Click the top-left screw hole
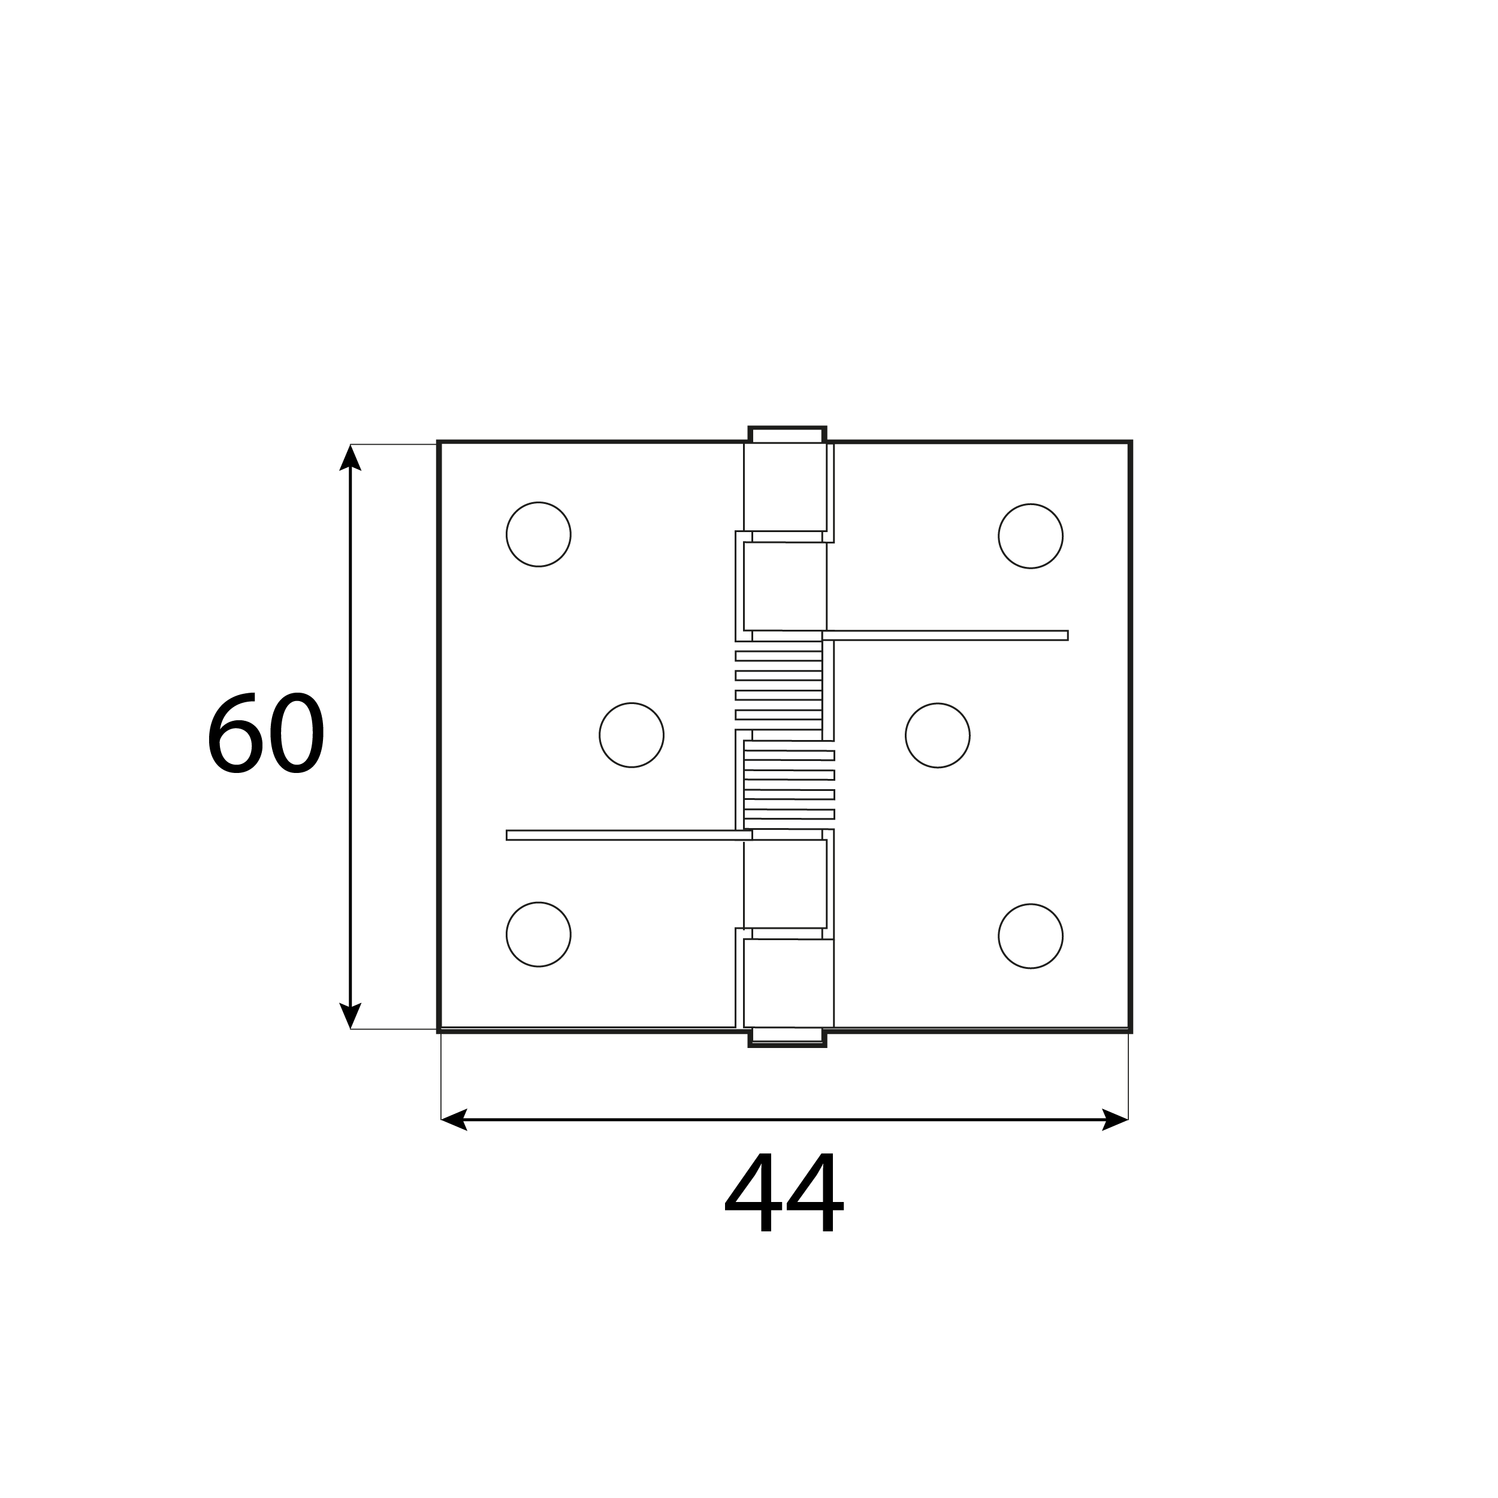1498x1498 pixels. click(538, 534)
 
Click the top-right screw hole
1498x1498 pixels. click(1031, 536)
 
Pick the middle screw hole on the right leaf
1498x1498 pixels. click(937, 735)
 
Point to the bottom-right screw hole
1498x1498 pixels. click(1031, 936)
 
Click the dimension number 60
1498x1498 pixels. click(265, 733)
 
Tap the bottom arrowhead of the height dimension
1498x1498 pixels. click(351, 1015)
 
